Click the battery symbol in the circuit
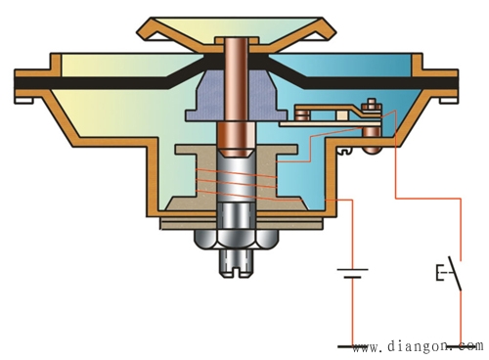click(352, 274)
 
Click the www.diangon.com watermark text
click(418, 346)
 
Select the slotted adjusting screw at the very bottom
click(237, 263)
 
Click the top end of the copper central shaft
click(237, 40)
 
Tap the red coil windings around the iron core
click(237, 184)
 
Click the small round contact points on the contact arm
click(301, 115)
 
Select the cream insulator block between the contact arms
click(341, 114)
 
